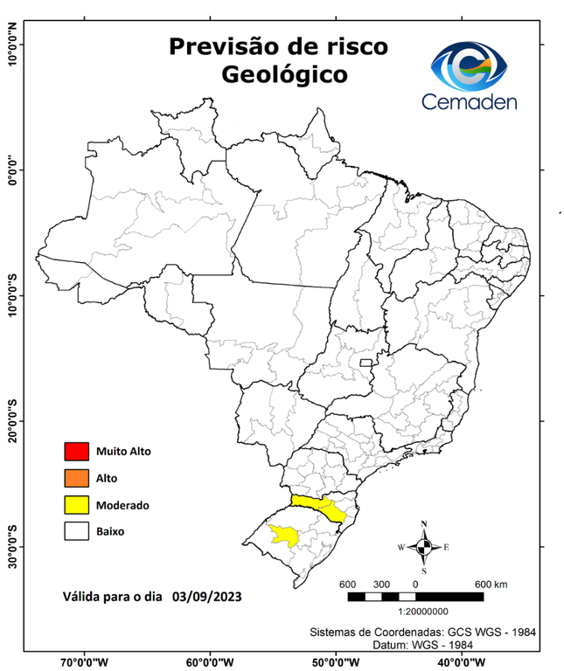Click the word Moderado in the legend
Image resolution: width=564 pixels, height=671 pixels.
click(123, 505)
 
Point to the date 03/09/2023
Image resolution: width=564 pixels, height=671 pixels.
click(206, 597)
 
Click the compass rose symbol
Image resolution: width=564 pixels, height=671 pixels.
click(424, 547)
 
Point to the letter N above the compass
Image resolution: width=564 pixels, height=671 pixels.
click(424, 524)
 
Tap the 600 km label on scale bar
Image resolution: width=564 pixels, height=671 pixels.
click(490, 584)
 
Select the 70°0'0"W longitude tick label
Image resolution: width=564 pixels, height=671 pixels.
click(85, 662)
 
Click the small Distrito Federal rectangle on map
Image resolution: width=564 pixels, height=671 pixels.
click(363, 360)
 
